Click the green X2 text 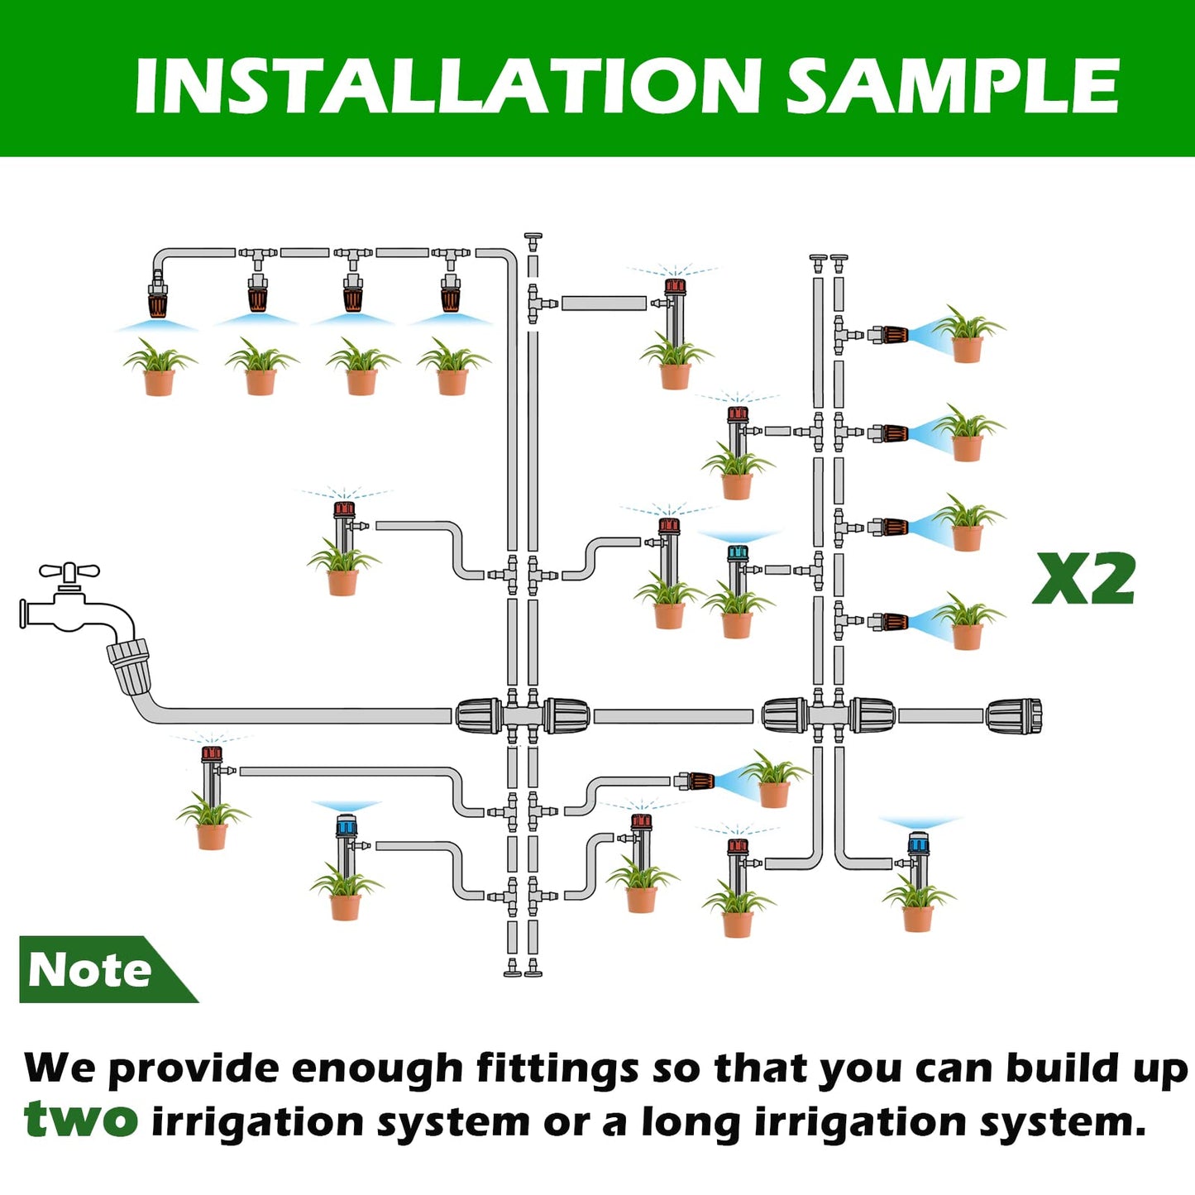[x=1084, y=579]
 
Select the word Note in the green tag [x=89, y=969]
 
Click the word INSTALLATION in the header [x=447, y=86]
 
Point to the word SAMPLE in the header [x=952, y=86]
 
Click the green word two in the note [x=80, y=1120]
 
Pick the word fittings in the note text [x=557, y=1068]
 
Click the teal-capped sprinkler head [x=738, y=552]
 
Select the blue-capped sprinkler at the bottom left [x=346, y=825]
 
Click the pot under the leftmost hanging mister [x=159, y=381]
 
